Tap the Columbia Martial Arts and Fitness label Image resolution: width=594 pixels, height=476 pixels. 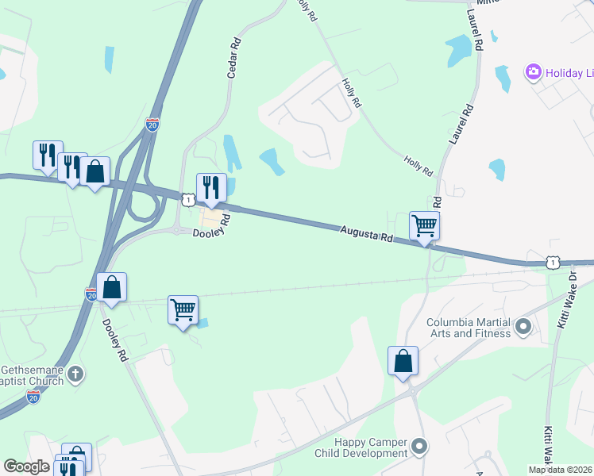coord(469,328)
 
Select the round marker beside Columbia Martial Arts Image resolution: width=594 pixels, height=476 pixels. coord(523,326)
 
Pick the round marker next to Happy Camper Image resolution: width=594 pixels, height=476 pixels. coord(420,447)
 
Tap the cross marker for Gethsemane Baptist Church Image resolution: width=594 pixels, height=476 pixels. coord(75,373)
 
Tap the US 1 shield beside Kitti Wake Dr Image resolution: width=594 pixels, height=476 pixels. coord(553,262)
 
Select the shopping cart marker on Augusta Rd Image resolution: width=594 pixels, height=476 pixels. coord(424,226)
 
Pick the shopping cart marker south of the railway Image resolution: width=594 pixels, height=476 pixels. coord(183,309)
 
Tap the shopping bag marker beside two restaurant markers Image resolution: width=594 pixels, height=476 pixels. coord(95,171)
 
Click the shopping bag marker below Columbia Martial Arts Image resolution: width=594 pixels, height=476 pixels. coord(403,360)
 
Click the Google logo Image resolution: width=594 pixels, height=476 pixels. coord(26,466)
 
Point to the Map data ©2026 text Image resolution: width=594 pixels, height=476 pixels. coord(561,470)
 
